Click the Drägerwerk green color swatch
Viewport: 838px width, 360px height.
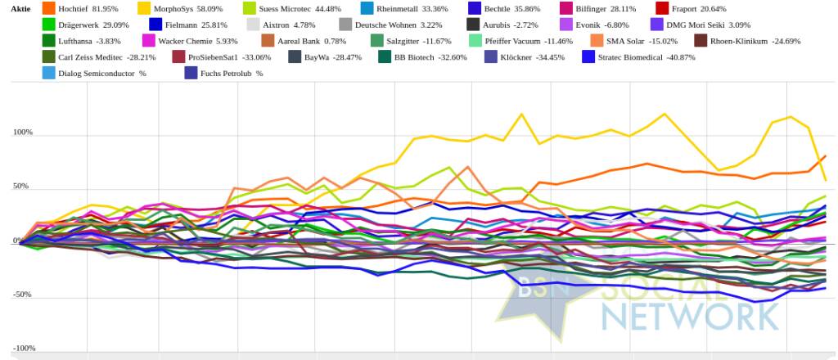point(48,25)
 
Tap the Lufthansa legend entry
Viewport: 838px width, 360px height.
point(78,40)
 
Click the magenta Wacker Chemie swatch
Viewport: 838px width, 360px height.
point(149,40)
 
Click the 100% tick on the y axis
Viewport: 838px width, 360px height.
point(23,133)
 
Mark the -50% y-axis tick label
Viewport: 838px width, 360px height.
point(23,295)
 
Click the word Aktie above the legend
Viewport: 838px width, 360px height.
point(20,8)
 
